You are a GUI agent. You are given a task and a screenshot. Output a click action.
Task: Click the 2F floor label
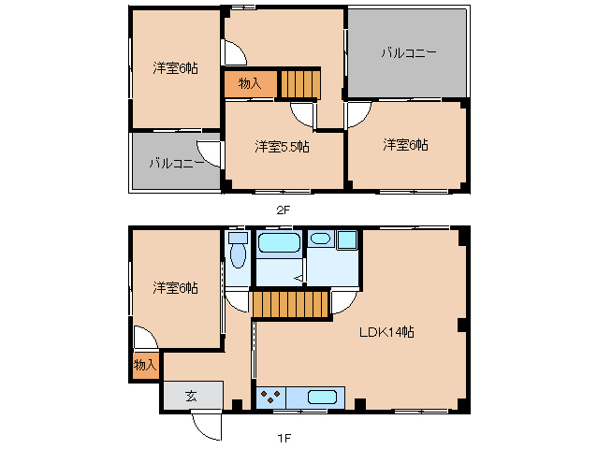click(x=284, y=210)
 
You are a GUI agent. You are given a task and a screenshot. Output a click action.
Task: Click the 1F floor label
click(x=284, y=437)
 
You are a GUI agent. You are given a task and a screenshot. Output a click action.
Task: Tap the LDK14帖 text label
click(x=387, y=332)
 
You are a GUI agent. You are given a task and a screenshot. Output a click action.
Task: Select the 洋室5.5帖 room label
click(x=284, y=147)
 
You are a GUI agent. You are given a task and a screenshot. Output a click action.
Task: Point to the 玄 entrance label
click(x=191, y=396)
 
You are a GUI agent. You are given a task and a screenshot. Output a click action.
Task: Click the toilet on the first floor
click(x=237, y=253)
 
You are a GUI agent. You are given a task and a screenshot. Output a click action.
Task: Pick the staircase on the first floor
click(x=292, y=304)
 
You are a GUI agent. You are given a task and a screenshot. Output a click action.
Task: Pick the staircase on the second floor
click(x=299, y=83)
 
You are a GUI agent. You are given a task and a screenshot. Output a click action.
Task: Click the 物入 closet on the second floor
click(x=250, y=84)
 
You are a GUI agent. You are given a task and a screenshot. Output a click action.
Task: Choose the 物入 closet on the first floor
click(x=144, y=365)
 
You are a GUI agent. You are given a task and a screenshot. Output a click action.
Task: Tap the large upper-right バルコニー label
click(x=407, y=53)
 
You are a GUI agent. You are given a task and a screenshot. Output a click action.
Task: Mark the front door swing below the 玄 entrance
click(x=205, y=425)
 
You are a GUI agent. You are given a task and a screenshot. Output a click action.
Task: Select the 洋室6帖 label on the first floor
click(x=176, y=288)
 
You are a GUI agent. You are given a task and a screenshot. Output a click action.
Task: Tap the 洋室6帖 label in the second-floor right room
click(x=405, y=145)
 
